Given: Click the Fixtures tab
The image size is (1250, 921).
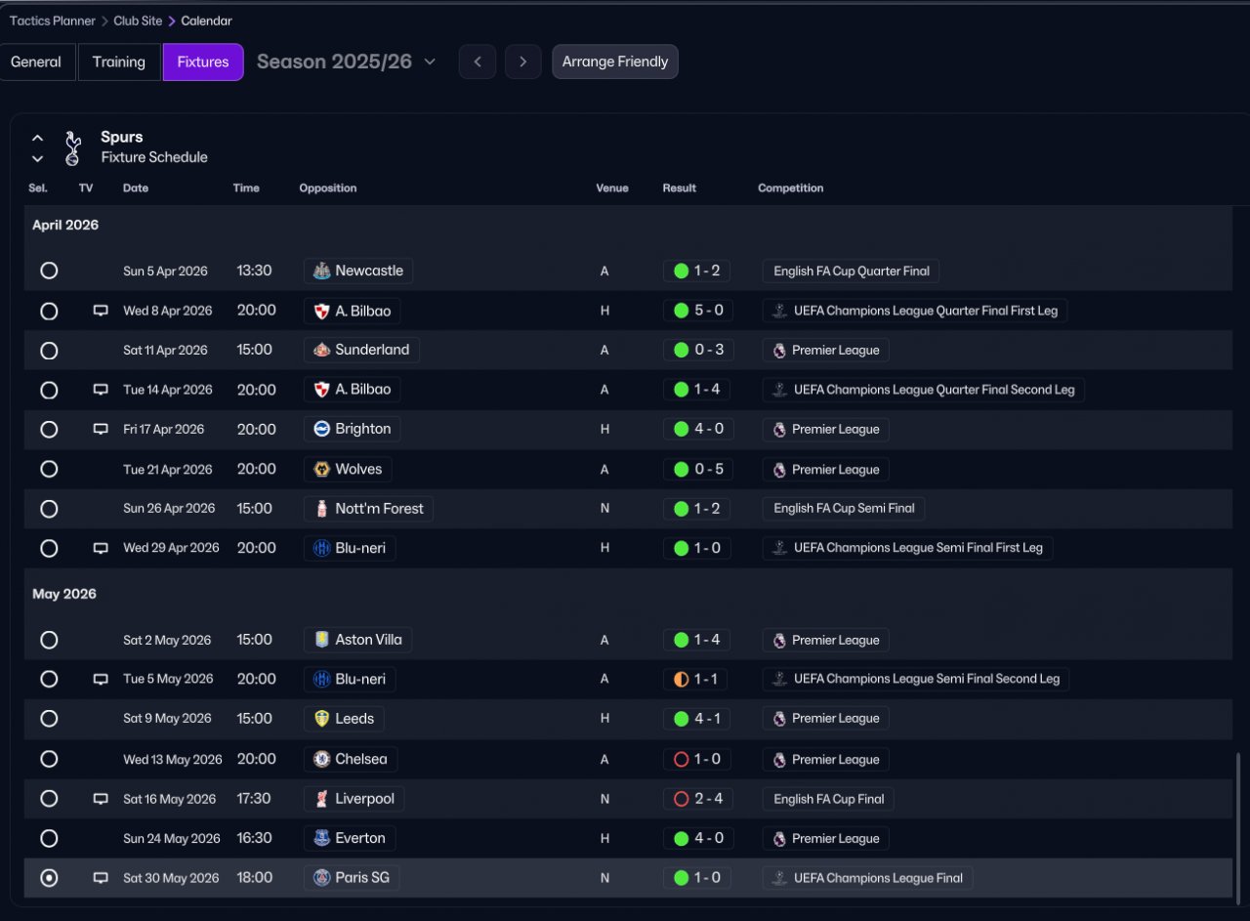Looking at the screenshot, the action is [203, 62].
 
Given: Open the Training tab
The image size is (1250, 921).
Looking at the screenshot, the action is [119, 62].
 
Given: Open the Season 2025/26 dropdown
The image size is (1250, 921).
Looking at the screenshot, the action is [346, 62].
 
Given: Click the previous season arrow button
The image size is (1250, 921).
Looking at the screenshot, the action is [478, 62].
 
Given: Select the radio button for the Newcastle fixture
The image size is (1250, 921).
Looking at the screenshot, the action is [49, 271].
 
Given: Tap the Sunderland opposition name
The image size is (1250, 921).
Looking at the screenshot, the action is [372, 350].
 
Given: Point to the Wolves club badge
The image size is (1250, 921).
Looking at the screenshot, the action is [321, 469].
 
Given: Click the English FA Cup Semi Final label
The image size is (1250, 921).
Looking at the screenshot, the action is [844, 509].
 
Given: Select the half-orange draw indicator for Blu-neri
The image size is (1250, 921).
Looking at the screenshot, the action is [681, 680].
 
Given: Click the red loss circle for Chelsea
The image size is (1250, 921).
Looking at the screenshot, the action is [681, 759].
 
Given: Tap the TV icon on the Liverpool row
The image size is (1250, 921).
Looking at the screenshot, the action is [101, 799].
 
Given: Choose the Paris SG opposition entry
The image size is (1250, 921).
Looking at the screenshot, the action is [352, 877].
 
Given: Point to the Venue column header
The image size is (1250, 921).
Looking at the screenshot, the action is [612, 188].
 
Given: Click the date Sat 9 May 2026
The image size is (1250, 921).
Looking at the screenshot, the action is [167, 719].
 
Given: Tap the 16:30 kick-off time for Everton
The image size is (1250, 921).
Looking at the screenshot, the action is [254, 838].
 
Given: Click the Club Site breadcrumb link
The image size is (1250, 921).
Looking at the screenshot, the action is [138, 21].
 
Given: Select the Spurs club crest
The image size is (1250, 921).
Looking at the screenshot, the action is [72, 147].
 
